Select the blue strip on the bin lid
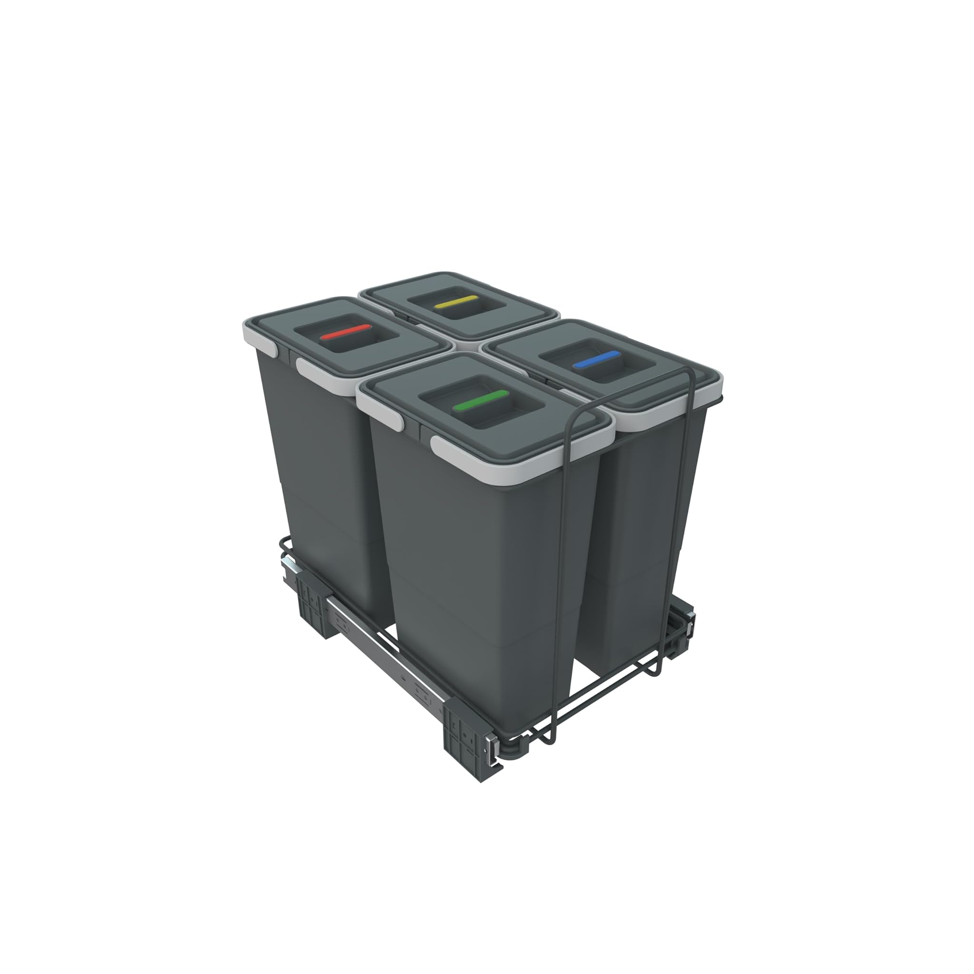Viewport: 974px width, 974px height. tap(598, 360)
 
